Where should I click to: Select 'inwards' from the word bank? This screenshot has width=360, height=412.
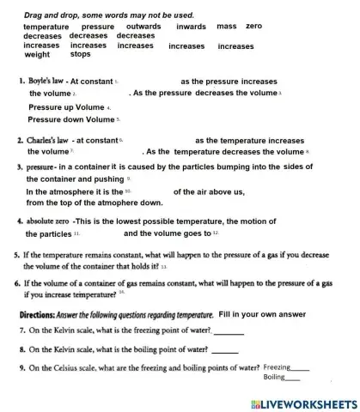191,27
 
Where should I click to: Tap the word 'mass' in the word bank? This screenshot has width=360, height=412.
227,27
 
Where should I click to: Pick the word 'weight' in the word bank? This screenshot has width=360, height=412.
37,54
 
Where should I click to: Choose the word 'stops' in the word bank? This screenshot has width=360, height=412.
81,54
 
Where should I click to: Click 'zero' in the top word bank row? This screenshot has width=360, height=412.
253,27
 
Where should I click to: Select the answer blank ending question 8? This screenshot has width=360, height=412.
225,349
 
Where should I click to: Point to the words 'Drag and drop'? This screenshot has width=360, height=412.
50,14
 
